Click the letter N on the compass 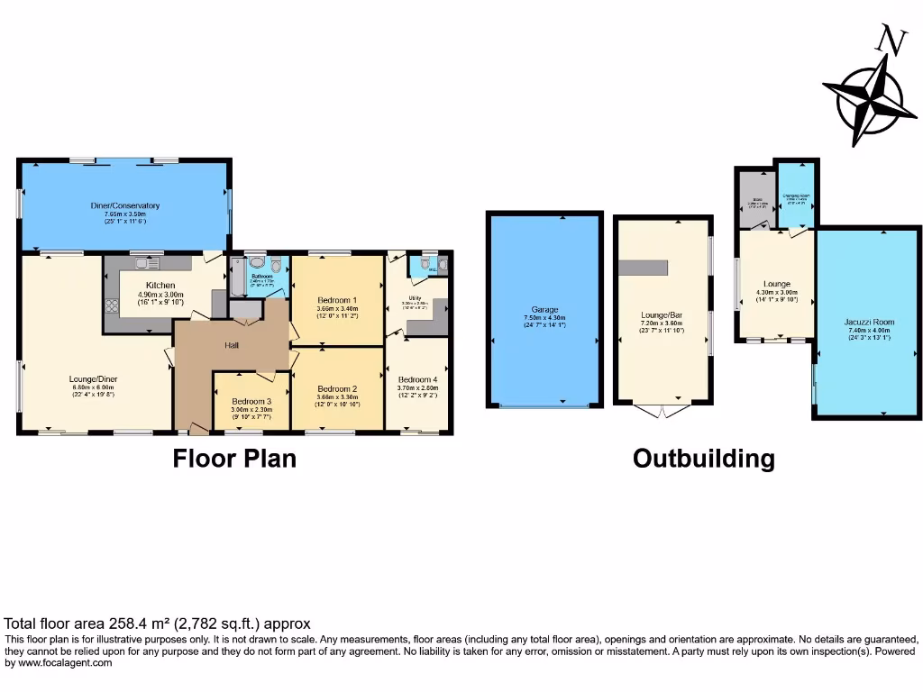coord(891,41)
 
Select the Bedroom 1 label coord(336,300)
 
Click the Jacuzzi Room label coord(869,322)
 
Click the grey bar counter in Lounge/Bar coord(644,267)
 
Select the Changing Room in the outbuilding coord(796,196)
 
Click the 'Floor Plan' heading coord(234,460)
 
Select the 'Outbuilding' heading coord(703,460)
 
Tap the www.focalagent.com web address coord(59,663)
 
